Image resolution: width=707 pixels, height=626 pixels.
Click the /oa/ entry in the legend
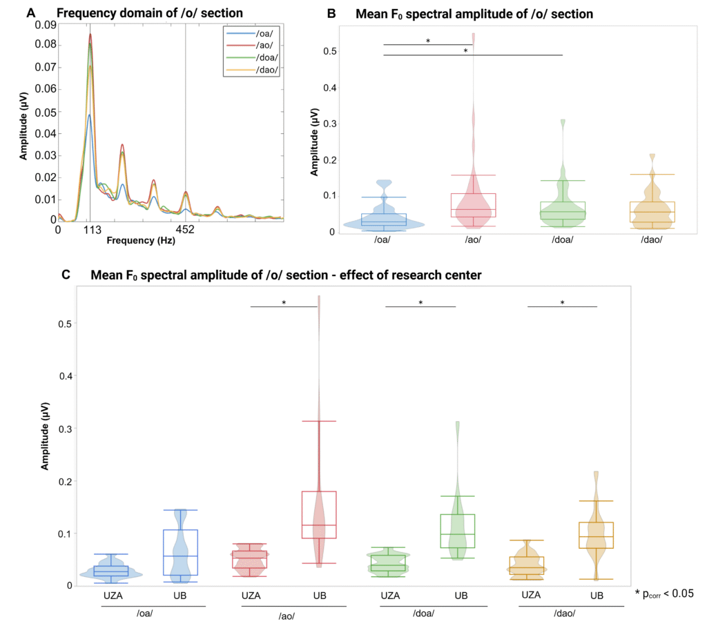coord(257,32)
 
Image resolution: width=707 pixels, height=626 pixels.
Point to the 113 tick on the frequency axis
coord(90,231)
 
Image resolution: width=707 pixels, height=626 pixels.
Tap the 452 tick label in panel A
coord(185,231)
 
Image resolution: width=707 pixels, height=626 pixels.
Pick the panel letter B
coord(331,13)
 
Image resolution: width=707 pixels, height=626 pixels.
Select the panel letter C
coord(66,275)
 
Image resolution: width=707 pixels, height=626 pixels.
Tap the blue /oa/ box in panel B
coord(383,220)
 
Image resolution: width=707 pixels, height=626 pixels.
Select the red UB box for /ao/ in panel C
coord(318,514)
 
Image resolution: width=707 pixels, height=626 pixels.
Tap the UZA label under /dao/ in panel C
coord(531,595)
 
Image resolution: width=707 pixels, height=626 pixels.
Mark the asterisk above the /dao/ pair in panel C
coord(562,302)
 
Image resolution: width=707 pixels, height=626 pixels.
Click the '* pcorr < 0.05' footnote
coord(664,592)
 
